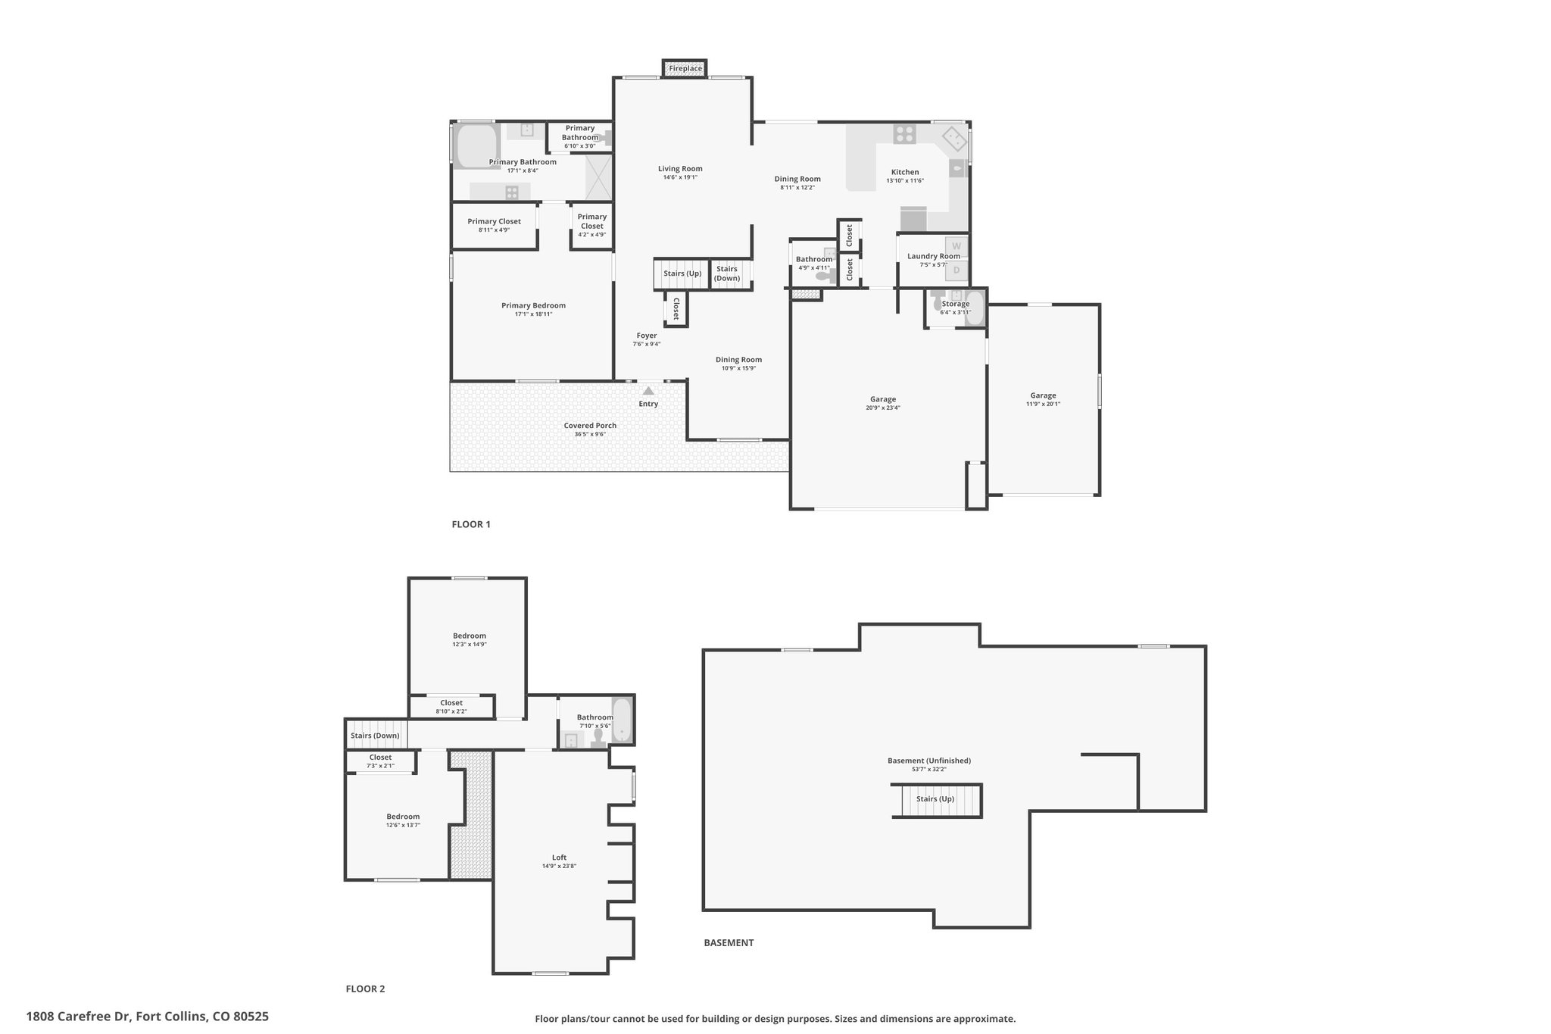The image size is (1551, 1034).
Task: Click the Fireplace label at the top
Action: click(685, 69)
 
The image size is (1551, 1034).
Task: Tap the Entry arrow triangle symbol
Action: click(648, 391)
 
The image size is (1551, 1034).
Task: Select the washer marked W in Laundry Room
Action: click(957, 246)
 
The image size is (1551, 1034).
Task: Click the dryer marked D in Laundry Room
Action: click(957, 270)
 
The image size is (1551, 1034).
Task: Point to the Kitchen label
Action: click(905, 172)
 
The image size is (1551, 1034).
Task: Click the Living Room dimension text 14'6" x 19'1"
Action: click(680, 177)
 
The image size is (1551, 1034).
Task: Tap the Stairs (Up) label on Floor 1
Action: click(682, 273)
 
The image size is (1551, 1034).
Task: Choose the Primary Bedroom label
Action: click(533, 305)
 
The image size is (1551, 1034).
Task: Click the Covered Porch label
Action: click(590, 426)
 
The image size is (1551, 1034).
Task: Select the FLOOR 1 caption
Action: click(471, 524)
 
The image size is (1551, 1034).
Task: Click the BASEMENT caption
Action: click(729, 943)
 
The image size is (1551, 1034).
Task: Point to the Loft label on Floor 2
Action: click(559, 858)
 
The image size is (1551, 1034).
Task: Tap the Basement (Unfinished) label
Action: click(929, 761)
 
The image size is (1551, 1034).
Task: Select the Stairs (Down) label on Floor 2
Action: click(375, 736)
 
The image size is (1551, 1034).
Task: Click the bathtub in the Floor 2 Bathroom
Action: click(622, 720)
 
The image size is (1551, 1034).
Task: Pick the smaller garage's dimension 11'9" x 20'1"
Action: click(1043, 404)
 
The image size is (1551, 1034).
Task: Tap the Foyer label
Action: click(647, 336)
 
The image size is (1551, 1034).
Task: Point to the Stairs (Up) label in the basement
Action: click(935, 798)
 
